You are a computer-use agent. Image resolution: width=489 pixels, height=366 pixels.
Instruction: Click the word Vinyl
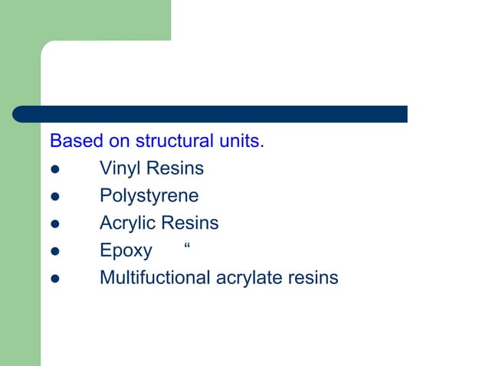120,169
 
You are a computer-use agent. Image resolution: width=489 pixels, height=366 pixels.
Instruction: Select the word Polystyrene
149,196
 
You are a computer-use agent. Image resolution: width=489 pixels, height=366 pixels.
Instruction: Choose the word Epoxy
126,251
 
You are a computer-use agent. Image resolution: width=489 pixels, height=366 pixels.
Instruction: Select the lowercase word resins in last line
313,277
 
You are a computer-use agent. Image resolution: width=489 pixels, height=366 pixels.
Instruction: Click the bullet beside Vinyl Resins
54,169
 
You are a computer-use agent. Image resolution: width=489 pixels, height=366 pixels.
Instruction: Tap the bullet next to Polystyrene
54,197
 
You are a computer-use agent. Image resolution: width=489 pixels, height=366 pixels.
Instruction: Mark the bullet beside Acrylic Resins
54,224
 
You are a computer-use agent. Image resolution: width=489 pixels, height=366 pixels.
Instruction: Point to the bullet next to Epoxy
54,251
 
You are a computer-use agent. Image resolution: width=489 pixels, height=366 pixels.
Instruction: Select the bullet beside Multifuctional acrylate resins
54,279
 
